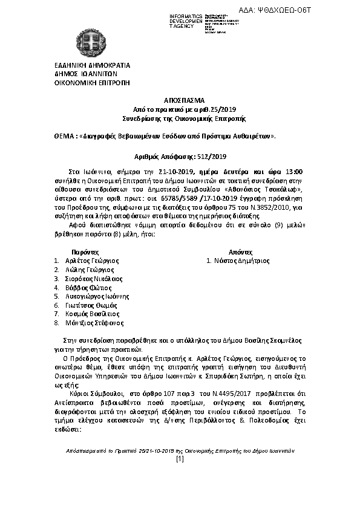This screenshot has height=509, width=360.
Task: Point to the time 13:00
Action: click(293, 172)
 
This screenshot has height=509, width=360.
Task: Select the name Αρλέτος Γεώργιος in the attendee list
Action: click(92, 261)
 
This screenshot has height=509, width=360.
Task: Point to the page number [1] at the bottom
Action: click(179, 459)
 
